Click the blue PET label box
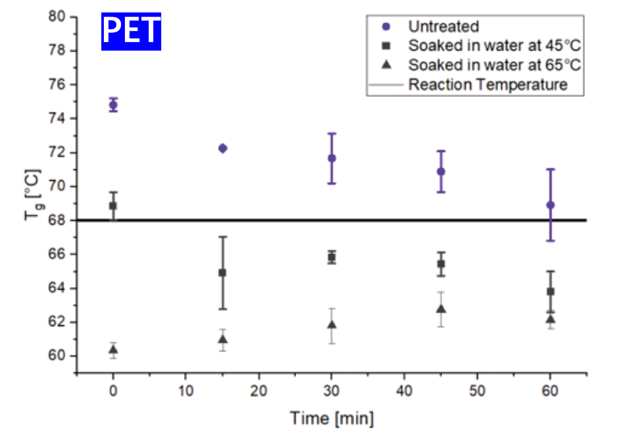[131, 31]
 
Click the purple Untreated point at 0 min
[113, 104]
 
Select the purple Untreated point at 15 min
[222, 148]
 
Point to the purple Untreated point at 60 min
[551, 205]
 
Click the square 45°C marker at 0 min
[113, 206]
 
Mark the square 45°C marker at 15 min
[222, 272]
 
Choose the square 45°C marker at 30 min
[332, 257]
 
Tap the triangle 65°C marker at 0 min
[113, 350]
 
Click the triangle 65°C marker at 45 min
[441, 309]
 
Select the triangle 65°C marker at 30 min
[332, 325]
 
